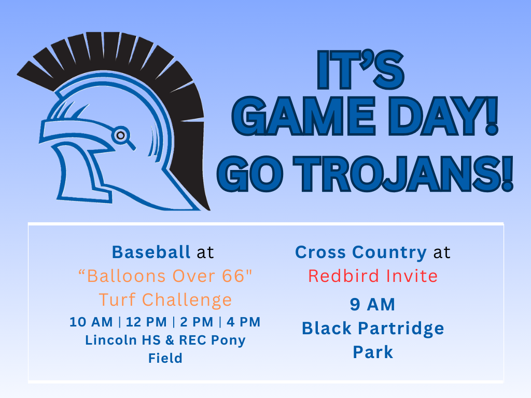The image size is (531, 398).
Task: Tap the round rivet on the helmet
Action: pos(120,135)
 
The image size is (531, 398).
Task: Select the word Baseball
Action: pos(151,252)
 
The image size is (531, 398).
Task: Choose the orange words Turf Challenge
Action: pos(165,300)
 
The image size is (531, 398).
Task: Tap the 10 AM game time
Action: pos(91,322)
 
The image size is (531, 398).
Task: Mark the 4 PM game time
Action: pos(243,322)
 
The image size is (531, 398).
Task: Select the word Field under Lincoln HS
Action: pos(165,358)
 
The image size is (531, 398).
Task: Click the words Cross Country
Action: pos(360,252)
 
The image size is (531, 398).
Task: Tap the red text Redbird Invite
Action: pos(372,276)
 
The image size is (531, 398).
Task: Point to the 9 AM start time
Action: pos(372,304)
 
